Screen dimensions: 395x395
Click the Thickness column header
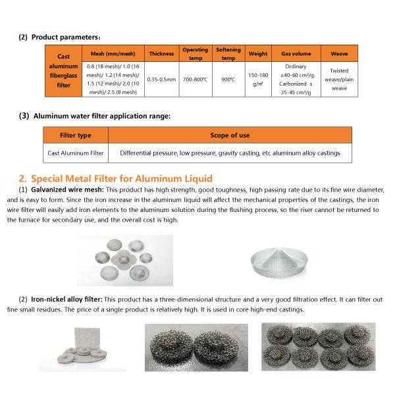(x=161, y=53)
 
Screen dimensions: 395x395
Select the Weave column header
(x=339, y=53)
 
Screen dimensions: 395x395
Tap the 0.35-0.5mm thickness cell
(x=161, y=80)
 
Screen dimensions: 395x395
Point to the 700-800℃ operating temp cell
(x=196, y=80)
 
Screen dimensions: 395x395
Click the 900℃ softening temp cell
(x=228, y=80)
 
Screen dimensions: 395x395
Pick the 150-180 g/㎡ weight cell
(x=258, y=80)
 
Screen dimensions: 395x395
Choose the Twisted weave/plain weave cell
(x=339, y=80)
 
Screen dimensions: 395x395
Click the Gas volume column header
(x=296, y=53)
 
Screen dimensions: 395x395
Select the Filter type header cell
(x=76, y=136)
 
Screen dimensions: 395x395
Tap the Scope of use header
(x=230, y=136)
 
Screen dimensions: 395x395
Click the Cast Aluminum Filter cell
(x=76, y=153)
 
